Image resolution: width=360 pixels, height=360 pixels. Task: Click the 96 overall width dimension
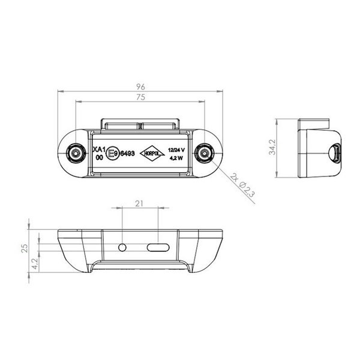[x=140, y=86]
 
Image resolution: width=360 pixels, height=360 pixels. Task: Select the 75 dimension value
[x=140, y=97]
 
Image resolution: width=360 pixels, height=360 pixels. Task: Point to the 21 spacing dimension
[x=140, y=204]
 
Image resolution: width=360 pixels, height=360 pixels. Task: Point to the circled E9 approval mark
[x=112, y=154]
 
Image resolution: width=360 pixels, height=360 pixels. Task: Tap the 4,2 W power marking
[x=177, y=159]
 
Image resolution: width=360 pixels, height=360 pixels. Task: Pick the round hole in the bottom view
[x=123, y=247]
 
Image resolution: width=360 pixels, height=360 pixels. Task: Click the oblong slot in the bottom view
[x=158, y=247]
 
